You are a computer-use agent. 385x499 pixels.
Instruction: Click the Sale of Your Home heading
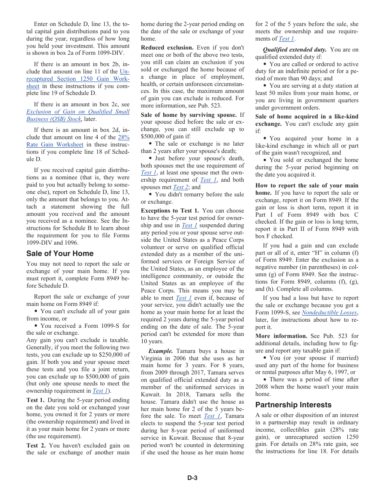60,254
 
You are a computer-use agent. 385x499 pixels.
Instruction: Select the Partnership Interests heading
293,405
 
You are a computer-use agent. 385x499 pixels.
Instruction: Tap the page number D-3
192,478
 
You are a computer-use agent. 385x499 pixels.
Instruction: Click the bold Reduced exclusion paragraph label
167,47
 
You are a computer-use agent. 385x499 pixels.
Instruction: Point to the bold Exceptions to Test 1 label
170,211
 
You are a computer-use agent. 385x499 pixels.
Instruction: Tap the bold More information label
281,336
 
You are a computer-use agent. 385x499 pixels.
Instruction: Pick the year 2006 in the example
186,358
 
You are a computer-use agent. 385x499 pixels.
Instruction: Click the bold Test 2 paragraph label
35,445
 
